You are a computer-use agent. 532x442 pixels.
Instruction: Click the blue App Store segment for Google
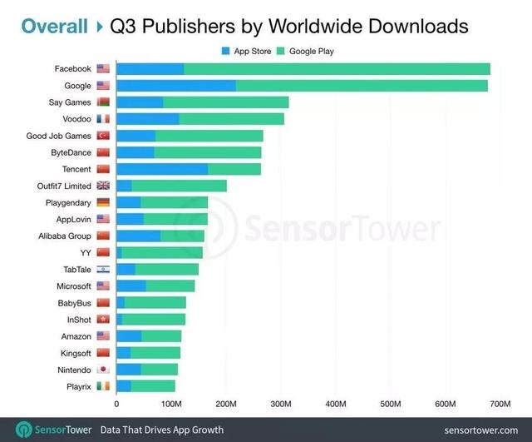175,86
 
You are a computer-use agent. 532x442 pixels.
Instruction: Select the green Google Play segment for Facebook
337,68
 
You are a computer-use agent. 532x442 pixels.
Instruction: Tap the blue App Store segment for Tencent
162,169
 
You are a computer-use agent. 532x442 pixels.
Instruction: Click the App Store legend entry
247,51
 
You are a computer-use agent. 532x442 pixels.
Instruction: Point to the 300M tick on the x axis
281,404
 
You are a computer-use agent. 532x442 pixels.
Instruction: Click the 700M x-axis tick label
500,404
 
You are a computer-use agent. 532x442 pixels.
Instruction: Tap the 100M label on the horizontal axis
171,404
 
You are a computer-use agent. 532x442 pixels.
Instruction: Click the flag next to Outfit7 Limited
103,186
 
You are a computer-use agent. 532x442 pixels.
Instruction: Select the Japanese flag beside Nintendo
103,370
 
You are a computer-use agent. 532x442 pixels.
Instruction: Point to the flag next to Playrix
103,386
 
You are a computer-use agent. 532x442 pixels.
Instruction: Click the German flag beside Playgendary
103,202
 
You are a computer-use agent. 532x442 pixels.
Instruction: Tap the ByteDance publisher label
71,152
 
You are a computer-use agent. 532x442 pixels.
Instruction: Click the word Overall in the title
54,26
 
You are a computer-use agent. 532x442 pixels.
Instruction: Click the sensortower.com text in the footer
480,430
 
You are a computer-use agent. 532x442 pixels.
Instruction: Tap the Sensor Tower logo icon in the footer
24,430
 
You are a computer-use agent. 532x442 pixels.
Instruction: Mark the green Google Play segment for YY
162,252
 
